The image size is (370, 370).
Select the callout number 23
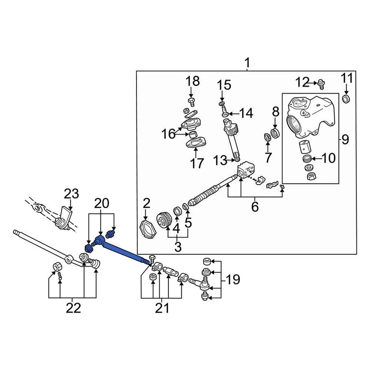pos(71,194)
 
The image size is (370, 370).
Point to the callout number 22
pos(73,308)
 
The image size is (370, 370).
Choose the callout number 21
pos(162,308)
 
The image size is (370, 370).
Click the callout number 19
pos(233,279)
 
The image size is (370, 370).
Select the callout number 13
pos(220,160)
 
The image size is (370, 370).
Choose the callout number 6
pos(255,207)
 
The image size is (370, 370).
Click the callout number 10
pos(328,158)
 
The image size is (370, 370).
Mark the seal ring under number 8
pos(275,133)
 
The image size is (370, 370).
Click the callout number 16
pos(168,134)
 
